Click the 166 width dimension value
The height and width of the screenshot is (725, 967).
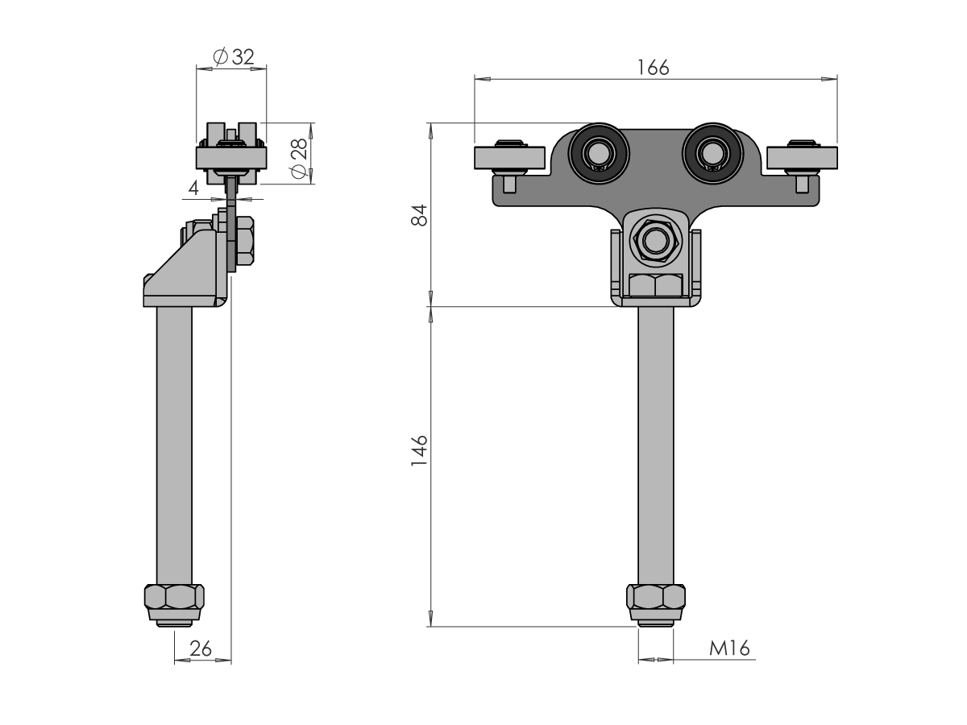[x=653, y=68]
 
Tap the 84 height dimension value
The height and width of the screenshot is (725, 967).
[x=419, y=215]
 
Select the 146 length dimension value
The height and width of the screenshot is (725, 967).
[x=419, y=451]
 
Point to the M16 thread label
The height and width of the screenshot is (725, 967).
[x=729, y=648]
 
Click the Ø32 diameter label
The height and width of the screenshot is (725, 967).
[x=234, y=56]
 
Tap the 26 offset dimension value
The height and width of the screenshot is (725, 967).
[x=201, y=648]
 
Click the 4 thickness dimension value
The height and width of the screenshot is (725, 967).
[x=193, y=188]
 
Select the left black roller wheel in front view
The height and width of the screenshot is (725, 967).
[x=599, y=153]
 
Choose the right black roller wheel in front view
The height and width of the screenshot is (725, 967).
[x=713, y=153]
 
